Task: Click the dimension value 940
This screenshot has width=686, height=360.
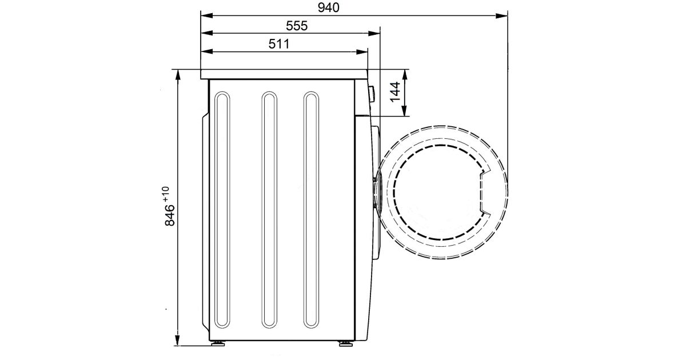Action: click(x=329, y=7)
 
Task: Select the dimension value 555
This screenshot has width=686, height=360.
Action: click(x=297, y=26)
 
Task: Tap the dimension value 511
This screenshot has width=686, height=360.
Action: click(x=279, y=44)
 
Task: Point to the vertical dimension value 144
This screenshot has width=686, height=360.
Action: click(x=395, y=92)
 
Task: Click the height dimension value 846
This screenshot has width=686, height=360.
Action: click(x=170, y=215)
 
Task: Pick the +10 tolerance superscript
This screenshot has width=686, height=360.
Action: click(x=166, y=194)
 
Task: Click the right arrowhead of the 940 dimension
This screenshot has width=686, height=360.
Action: click(x=502, y=15)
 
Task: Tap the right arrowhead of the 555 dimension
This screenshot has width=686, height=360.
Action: click(x=374, y=33)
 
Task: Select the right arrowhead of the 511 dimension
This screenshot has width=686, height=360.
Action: click(x=362, y=52)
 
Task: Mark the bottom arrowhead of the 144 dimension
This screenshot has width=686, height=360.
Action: click(x=404, y=110)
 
